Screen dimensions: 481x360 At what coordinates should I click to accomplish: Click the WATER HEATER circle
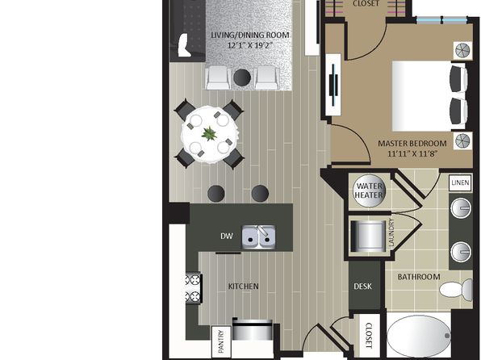click(x=369, y=190)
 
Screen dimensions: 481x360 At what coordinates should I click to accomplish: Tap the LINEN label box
click(x=460, y=182)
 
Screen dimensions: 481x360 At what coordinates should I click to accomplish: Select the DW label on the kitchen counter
click(x=227, y=236)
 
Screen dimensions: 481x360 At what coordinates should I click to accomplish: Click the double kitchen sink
click(x=258, y=237)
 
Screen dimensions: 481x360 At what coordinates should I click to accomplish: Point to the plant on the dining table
click(x=209, y=134)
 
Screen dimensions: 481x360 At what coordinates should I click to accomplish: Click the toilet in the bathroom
click(x=456, y=290)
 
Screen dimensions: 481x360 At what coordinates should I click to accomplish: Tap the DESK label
click(x=362, y=287)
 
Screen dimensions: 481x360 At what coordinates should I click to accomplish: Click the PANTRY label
click(x=221, y=341)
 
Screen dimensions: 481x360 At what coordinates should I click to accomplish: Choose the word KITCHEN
click(x=243, y=287)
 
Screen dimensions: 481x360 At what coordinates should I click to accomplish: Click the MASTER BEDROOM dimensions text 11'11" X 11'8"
click(x=412, y=153)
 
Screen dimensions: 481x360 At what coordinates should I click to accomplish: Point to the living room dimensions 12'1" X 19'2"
click(x=250, y=45)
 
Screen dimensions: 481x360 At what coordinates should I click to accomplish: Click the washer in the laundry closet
click(x=368, y=236)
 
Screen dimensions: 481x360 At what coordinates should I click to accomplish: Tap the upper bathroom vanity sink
click(x=461, y=207)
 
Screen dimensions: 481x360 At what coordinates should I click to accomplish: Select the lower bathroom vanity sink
click(x=461, y=252)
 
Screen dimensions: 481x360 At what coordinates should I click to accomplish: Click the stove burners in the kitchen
click(x=193, y=288)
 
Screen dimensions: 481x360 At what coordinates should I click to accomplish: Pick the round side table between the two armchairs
click(x=242, y=77)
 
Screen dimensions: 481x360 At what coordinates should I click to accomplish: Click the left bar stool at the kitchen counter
click(x=216, y=194)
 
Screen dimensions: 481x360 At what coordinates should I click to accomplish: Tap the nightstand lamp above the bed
click(x=463, y=51)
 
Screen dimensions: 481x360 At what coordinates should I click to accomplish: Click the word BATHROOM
click(x=419, y=277)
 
